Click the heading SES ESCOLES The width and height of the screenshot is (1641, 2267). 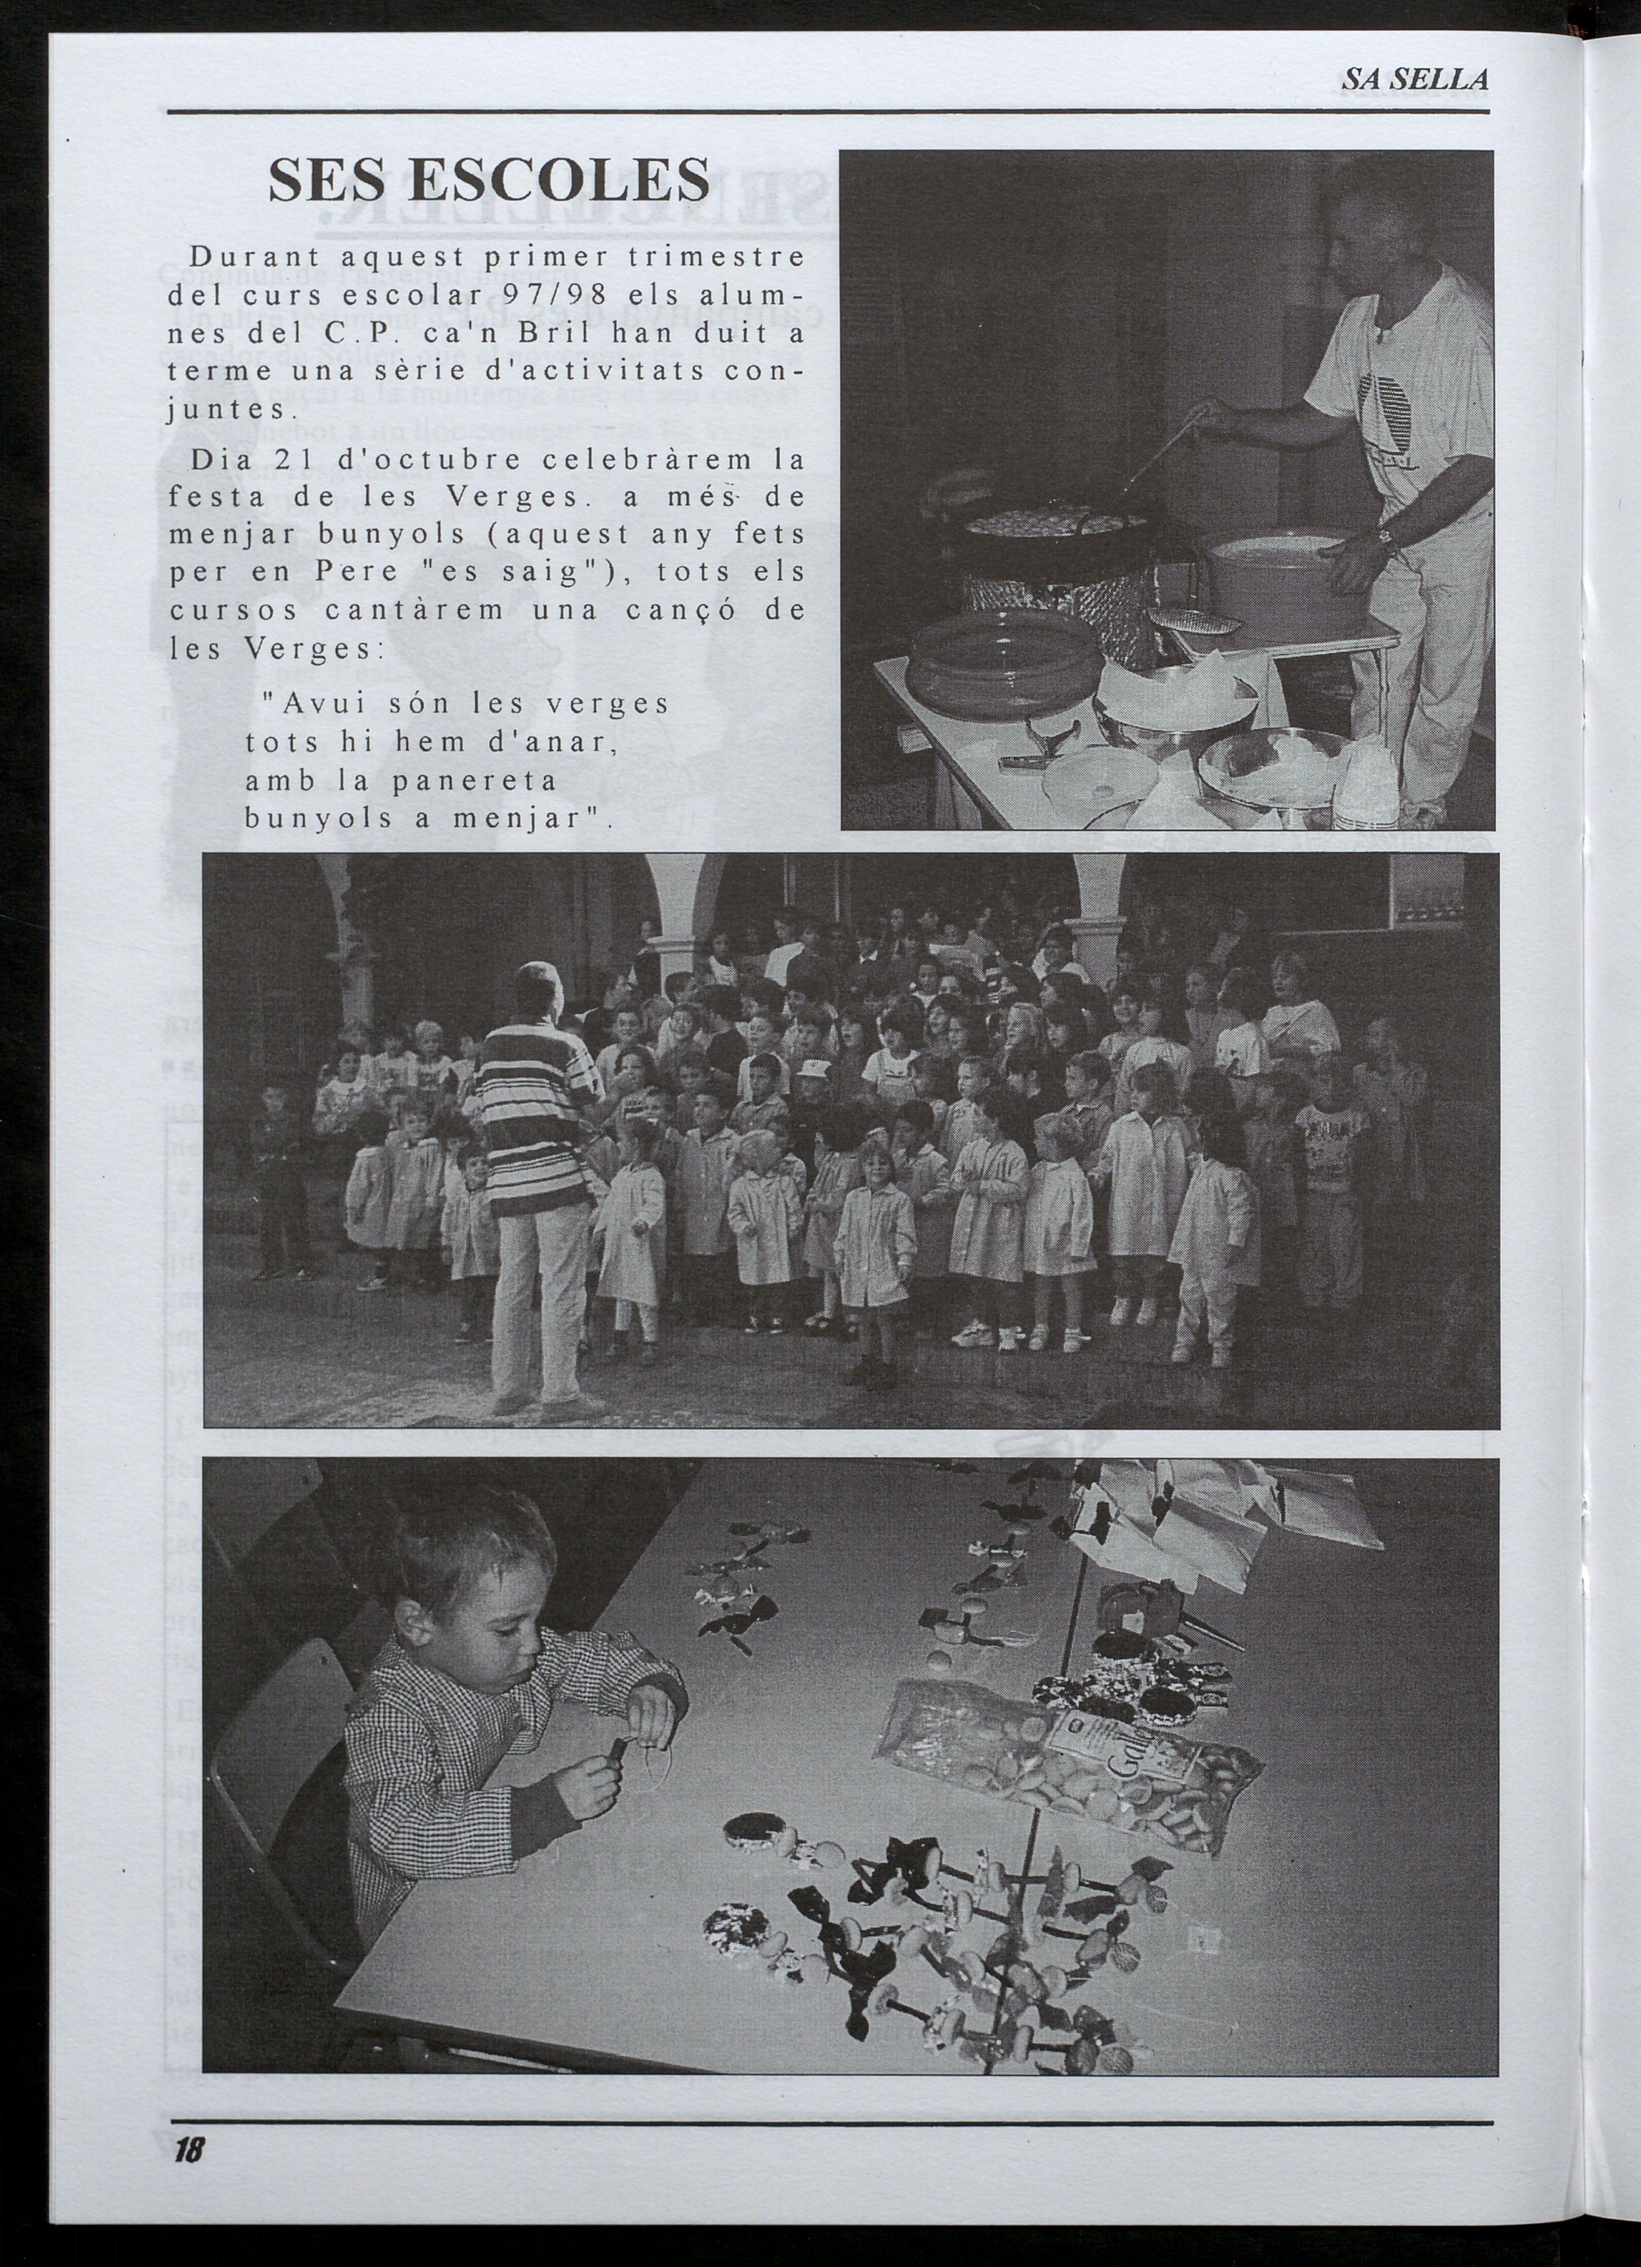[489, 180]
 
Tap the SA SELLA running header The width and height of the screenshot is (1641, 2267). [1414, 80]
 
